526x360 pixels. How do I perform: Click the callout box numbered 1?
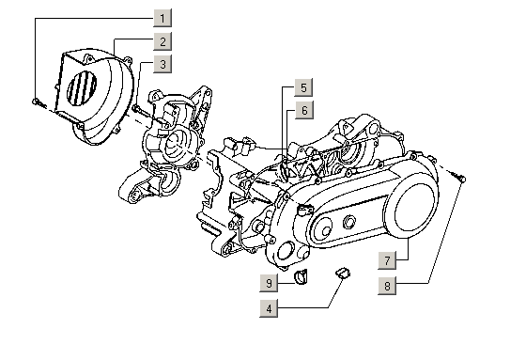coord(162,18)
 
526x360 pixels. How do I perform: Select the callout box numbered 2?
coord(162,41)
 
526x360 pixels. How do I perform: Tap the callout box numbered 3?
coord(162,64)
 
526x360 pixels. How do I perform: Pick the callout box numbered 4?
coord(269,308)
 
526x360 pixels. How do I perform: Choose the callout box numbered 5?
coord(303,87)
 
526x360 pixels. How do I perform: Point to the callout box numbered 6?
coord(304,110)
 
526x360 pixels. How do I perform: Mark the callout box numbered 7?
coord(387,260)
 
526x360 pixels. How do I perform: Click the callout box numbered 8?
coord(387,286)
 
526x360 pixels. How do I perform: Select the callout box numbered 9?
coord(269,283)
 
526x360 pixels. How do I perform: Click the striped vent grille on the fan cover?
coord(83,87)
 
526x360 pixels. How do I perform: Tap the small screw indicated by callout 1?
coord(39,102)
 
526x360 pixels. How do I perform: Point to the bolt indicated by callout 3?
coord(140,110)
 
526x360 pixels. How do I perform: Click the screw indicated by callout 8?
coord(458,177)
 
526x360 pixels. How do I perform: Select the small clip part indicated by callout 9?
coord(301,276)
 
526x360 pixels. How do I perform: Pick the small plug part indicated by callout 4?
coord(343,273)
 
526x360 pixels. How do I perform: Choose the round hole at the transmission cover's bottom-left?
coord(286,251)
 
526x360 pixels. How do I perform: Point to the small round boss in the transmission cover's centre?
coord(348,223)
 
